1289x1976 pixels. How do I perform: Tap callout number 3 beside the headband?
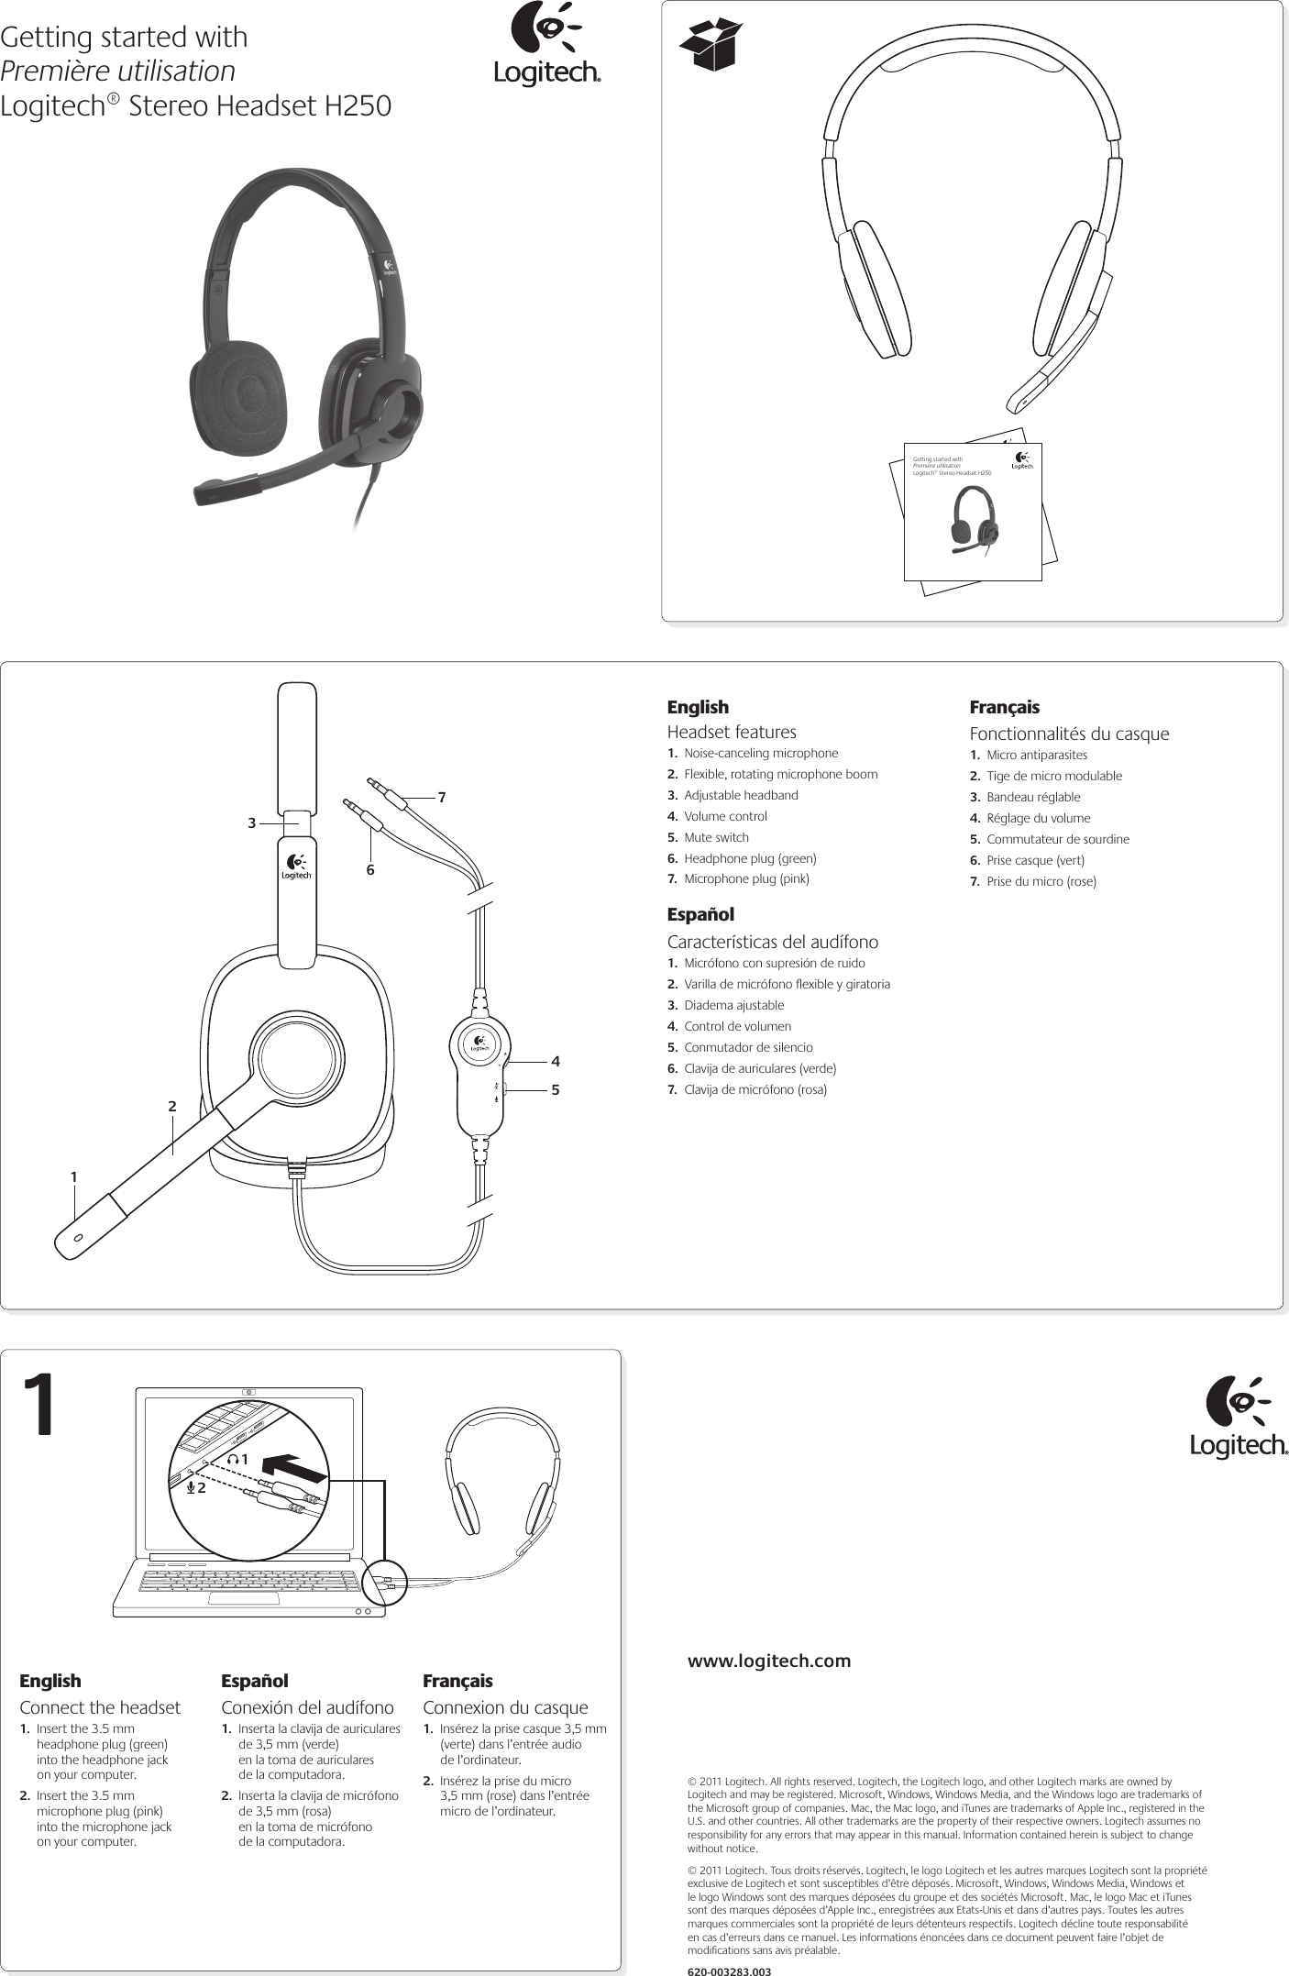click(x=251, y=823)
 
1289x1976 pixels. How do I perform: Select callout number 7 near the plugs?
click(x=442, y=798)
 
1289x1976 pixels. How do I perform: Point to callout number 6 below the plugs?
click(x=370, y=869)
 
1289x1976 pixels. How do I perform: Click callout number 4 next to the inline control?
click(x=556, y=1061)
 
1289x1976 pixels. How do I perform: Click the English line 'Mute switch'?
click(x=716, y=837)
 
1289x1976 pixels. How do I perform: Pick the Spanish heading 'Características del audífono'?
click(x=772, y=942)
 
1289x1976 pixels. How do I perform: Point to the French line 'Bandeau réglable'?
click(x=1033, y=797)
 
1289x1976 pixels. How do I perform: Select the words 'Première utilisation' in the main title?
click(x=117, y=72)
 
